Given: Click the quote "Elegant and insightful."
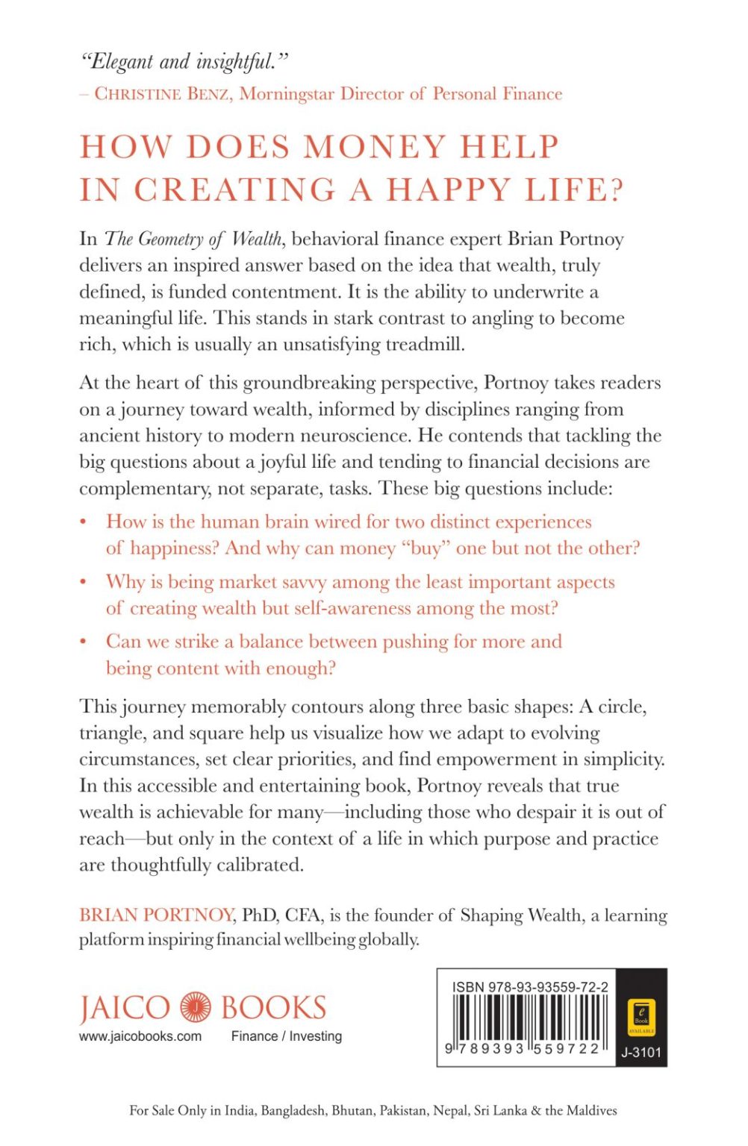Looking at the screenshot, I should click(184, 61).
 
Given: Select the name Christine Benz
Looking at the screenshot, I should click(162, 94).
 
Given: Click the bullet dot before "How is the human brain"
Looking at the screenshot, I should click(84, 522).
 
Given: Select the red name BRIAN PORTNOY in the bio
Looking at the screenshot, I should click(157, 915).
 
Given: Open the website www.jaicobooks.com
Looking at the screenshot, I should click(140, 1036).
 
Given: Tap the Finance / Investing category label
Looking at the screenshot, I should click(287, 1036).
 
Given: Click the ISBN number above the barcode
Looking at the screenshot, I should click(530, 986).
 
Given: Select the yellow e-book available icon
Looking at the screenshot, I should click(641, 1016).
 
